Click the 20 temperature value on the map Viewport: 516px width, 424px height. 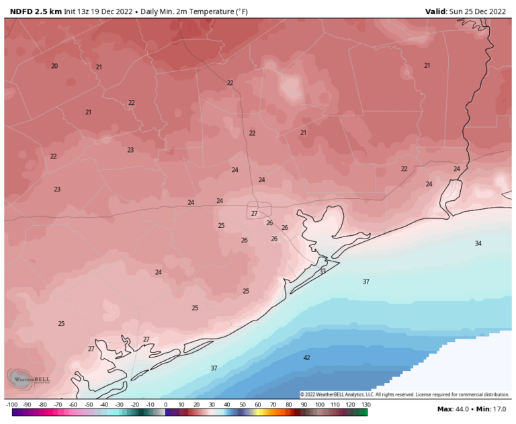coord(54,66)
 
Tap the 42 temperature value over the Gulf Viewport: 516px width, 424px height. coord(307,357)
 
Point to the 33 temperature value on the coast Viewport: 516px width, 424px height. coord(322,271)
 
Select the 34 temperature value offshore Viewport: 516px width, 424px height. coord(478,243)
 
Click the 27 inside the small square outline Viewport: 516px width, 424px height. coord(254,214)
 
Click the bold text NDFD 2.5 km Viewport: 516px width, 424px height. coord(36,11)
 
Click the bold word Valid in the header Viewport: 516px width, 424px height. coord(438,11)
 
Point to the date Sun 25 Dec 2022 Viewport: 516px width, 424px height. coord(480,11)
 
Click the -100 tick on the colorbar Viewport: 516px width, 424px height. coord(11,405)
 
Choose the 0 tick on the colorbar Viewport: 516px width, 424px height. coord(165,405)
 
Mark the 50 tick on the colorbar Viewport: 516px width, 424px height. coord(243,405)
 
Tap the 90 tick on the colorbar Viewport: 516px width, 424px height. coord(304,405)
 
